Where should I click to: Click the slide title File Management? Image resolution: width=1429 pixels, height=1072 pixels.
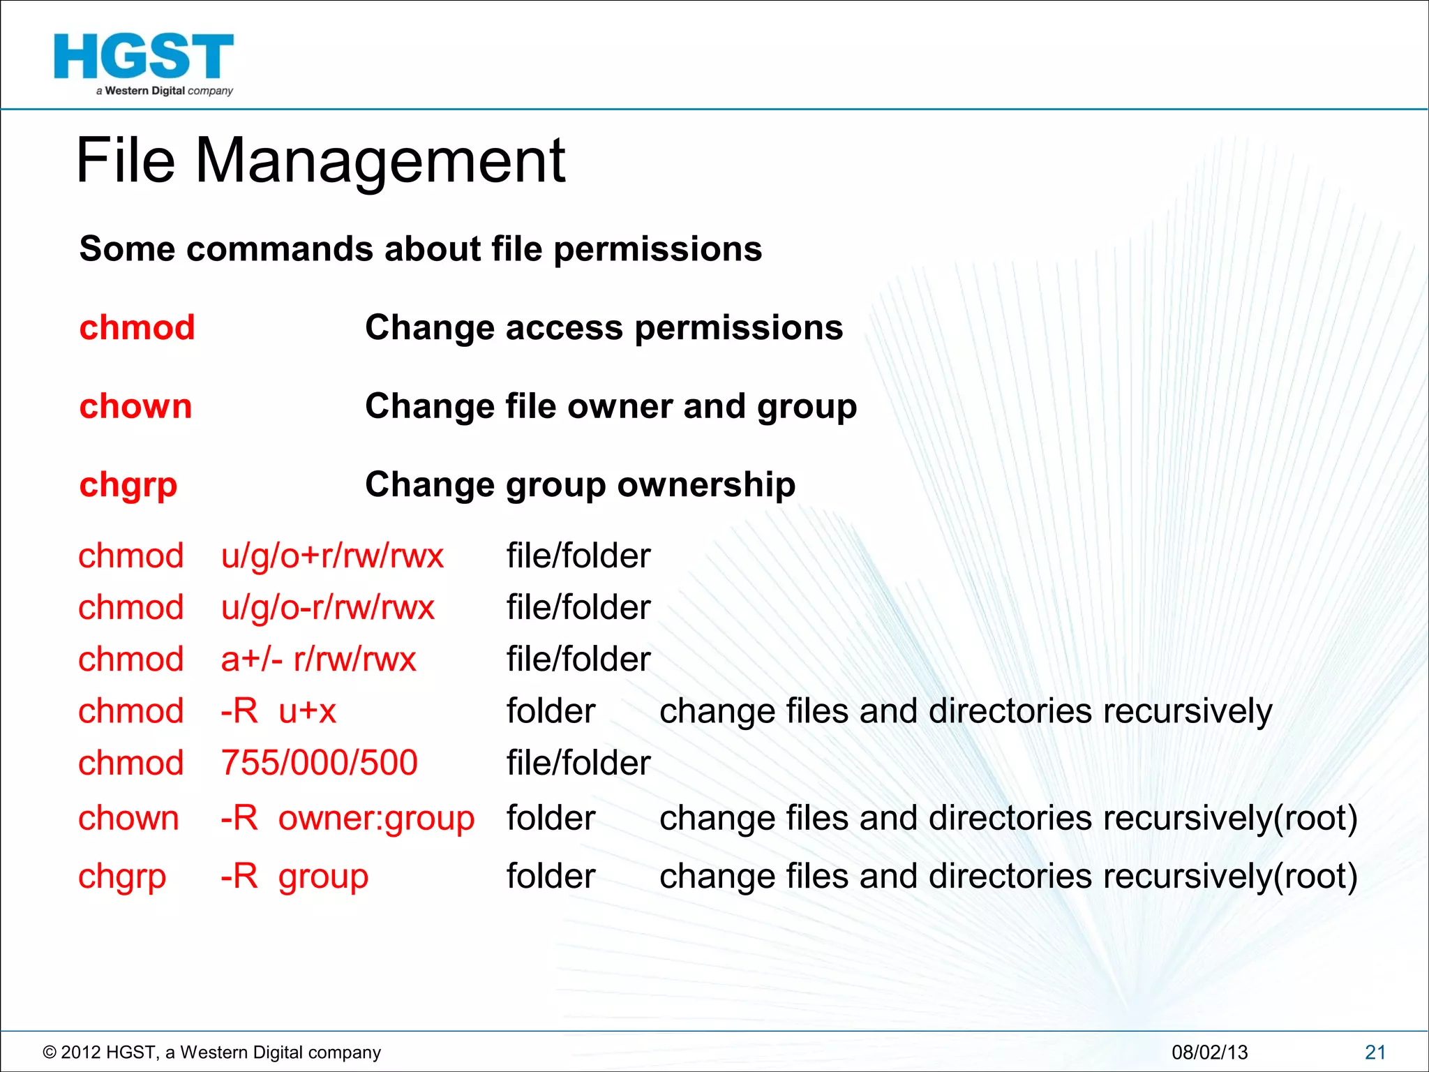click(320, 161)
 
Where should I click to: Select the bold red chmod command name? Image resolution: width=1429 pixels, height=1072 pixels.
click(137, 328)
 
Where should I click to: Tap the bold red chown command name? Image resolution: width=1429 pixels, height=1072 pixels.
click(135, 406)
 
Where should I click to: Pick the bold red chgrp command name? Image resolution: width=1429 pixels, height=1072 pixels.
click(128, 485)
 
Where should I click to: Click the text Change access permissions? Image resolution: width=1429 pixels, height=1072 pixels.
click(604, 328)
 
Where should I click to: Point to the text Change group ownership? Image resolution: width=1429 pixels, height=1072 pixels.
click(580, 485)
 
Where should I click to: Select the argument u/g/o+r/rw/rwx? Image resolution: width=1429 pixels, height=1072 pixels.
click(332, 557)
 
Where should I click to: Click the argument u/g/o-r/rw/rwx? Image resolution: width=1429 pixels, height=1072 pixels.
click(327, 608)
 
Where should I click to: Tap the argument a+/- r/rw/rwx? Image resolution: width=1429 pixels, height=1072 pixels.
click(318, 660)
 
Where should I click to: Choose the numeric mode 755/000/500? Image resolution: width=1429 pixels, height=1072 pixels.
click(319, 763)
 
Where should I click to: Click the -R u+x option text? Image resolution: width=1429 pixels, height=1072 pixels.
click(278, 711)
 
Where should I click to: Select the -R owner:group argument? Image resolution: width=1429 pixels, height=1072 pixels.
click(347, 818)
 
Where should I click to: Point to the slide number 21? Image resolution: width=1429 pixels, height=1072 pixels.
click(1375, 1052)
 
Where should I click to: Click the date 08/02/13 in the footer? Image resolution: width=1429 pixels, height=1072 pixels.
click(1209, 1052)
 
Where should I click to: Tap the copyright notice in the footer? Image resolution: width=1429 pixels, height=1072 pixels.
click(212, 1052)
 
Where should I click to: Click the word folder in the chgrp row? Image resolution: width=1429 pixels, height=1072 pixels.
click(551, 877)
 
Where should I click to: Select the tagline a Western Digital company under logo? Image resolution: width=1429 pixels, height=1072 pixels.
click(165, 91)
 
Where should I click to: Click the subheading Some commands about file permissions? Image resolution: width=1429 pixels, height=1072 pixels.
click(420, 249)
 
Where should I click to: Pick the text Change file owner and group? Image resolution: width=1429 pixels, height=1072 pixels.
click(611, 406)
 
